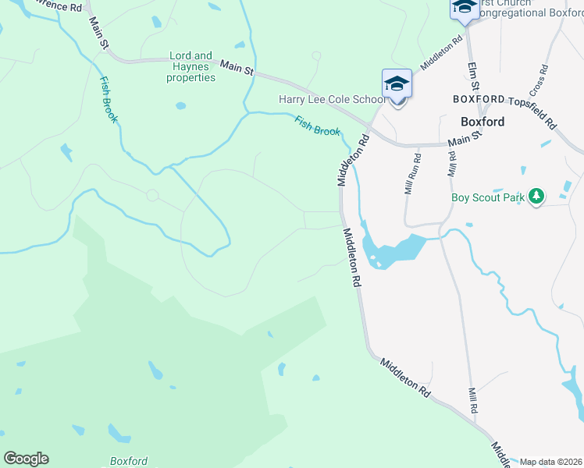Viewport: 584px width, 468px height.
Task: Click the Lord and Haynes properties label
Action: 192,67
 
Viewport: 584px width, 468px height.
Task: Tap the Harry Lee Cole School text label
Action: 333,100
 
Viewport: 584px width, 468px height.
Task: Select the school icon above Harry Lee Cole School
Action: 397,83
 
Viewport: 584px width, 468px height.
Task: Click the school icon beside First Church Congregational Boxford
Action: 464,7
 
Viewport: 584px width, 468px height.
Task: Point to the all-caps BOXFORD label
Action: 479,100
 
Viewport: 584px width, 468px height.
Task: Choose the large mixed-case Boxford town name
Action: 483,122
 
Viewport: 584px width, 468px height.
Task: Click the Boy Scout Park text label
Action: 488,197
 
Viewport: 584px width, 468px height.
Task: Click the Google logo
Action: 26,459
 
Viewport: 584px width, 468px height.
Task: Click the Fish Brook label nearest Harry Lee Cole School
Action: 317,126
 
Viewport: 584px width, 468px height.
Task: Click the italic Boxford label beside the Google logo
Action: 129,461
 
